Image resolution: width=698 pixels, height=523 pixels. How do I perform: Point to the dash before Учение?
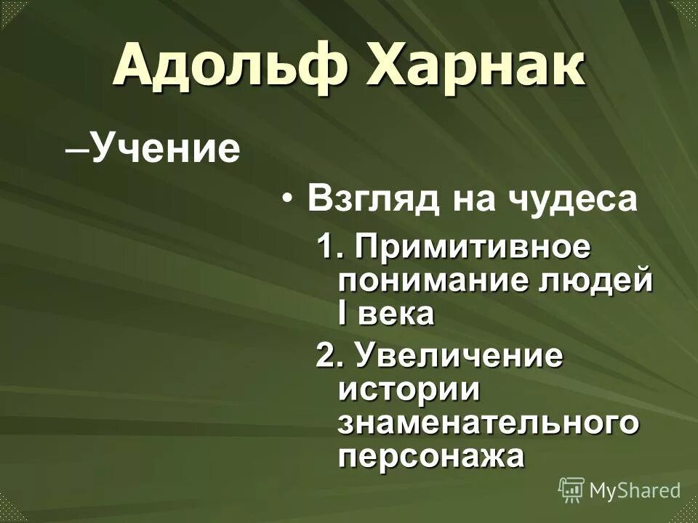click(75, 149)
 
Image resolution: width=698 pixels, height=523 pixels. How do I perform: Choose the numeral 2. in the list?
click(329, 357)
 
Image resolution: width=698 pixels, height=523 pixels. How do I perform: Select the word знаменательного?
click(489, 423)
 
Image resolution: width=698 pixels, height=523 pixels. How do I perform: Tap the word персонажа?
click(430, 455)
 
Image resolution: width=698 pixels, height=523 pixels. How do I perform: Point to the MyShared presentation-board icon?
click(571, 490)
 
